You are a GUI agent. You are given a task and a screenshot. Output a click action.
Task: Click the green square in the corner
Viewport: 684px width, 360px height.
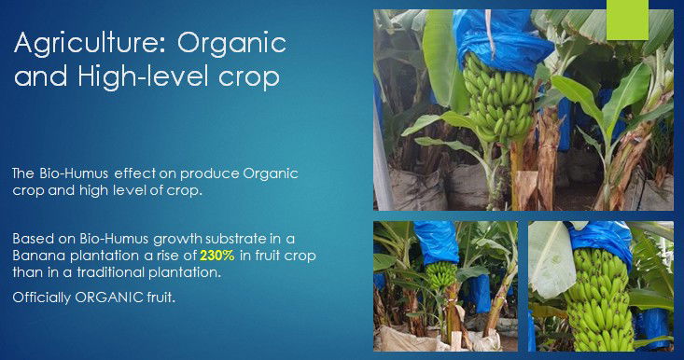point(626,20)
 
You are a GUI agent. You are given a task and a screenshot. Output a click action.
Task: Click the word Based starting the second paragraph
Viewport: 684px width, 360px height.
point(34,237)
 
